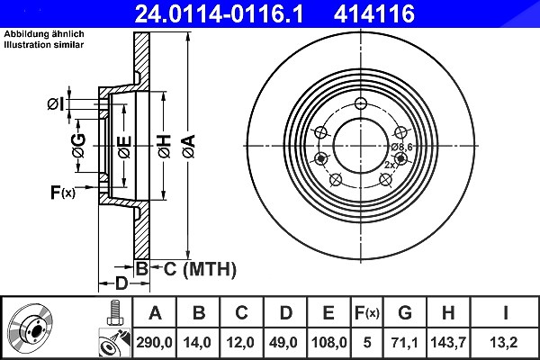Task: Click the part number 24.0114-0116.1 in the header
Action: pos(219,13)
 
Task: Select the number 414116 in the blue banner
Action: pos(374,13)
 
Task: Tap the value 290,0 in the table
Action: pos(154,343)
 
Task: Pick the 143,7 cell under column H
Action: pos(448,343)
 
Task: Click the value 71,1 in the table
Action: pos(405,343)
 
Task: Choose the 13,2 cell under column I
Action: pos(505,343)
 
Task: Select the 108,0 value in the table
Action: pos(328,343)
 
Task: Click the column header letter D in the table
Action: pos(285,313)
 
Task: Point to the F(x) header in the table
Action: pos(367,313)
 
